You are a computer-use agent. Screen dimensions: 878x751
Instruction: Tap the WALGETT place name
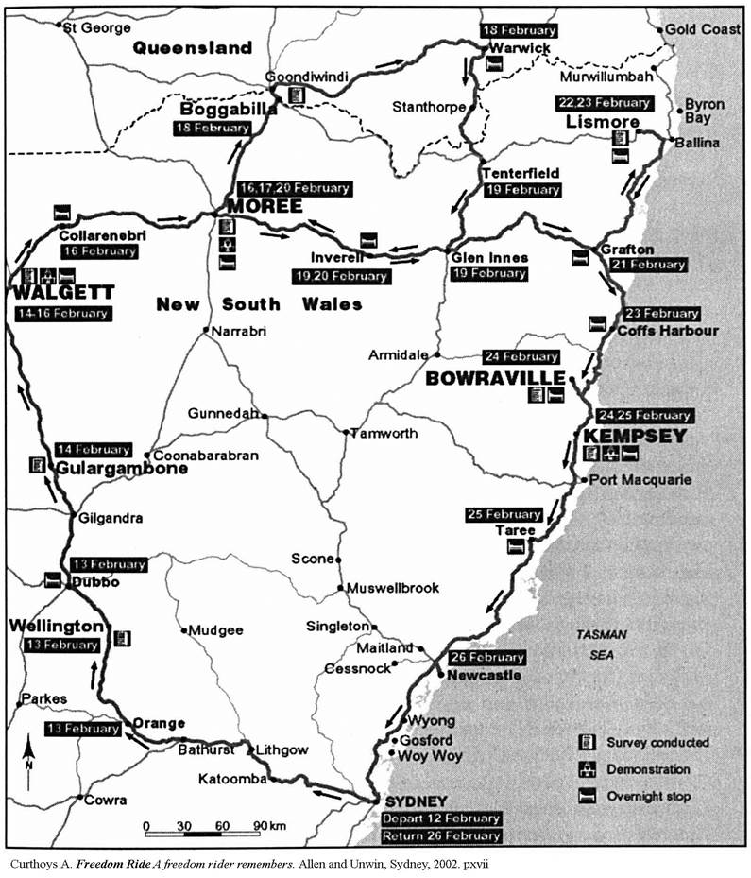pyautogui.click(x=59, y=294)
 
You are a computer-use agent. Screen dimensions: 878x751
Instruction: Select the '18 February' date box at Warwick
pyautogui.click(x=519, y=29)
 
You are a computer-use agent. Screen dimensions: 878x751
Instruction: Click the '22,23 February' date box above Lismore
pyautogui.click(x=605, y=103)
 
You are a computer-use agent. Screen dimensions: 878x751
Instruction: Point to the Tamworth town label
pyautogui.click(x=384, y=434)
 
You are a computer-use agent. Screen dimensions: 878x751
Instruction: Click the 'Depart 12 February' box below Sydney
pyautogui.click(x=441, y=818)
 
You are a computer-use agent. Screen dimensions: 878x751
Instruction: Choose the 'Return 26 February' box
pyautogui.click(x=441, y=837)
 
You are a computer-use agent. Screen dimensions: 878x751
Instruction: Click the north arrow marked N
pyautogui.click(x=30, y=757)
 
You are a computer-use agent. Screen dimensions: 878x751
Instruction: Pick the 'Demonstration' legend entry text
pyautogui.click(x=648, y=769)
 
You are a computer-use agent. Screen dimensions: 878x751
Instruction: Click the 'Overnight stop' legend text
pyautogui.click(x=648, y=797)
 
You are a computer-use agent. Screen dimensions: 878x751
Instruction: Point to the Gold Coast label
pyautogui.click(x=703, y=29)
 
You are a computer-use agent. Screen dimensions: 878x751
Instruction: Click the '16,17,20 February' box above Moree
pyautogui.click(x=289, y=186)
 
